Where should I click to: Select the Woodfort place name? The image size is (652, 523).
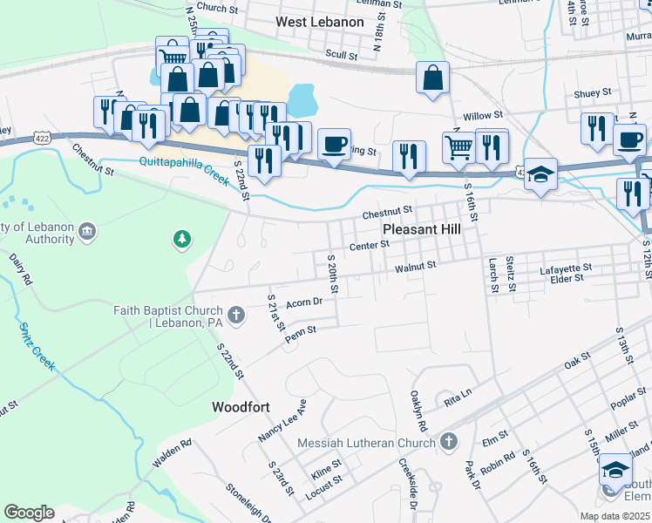[x=241, y=407]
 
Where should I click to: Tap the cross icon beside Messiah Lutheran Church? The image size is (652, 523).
[x=449, y=442]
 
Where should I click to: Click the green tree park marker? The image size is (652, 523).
[x=181, y=238]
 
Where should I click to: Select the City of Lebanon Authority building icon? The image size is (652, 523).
[x=87, y=231]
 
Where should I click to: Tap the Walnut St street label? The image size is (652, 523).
[x=415, y=269]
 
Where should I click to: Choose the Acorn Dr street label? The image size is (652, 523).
[x=304, y=302]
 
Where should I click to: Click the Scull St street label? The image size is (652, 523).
[x=341, y=53]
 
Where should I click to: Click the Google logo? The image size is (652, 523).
[x=29, y=513]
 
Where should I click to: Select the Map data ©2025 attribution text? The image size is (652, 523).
[x=614, y=516]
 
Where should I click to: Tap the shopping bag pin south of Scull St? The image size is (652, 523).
[x=432, y=79]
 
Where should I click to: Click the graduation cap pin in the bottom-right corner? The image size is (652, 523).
[x=615, y=471]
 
